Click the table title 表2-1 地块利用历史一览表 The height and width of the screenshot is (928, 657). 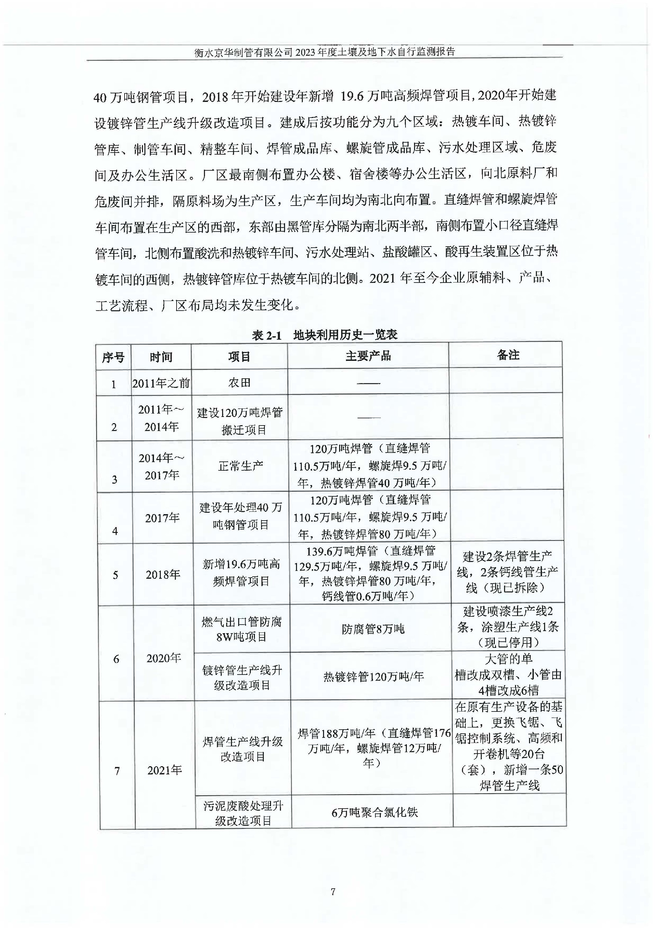324,335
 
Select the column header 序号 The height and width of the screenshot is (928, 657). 113,357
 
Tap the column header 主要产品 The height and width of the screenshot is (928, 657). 368,356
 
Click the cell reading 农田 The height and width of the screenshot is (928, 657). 239,382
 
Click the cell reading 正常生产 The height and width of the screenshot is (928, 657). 241,466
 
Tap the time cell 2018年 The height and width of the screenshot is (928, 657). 163,575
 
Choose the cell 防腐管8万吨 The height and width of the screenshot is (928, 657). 373,629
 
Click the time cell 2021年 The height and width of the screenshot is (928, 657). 164,770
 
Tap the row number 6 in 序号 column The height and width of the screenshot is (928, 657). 116,659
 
